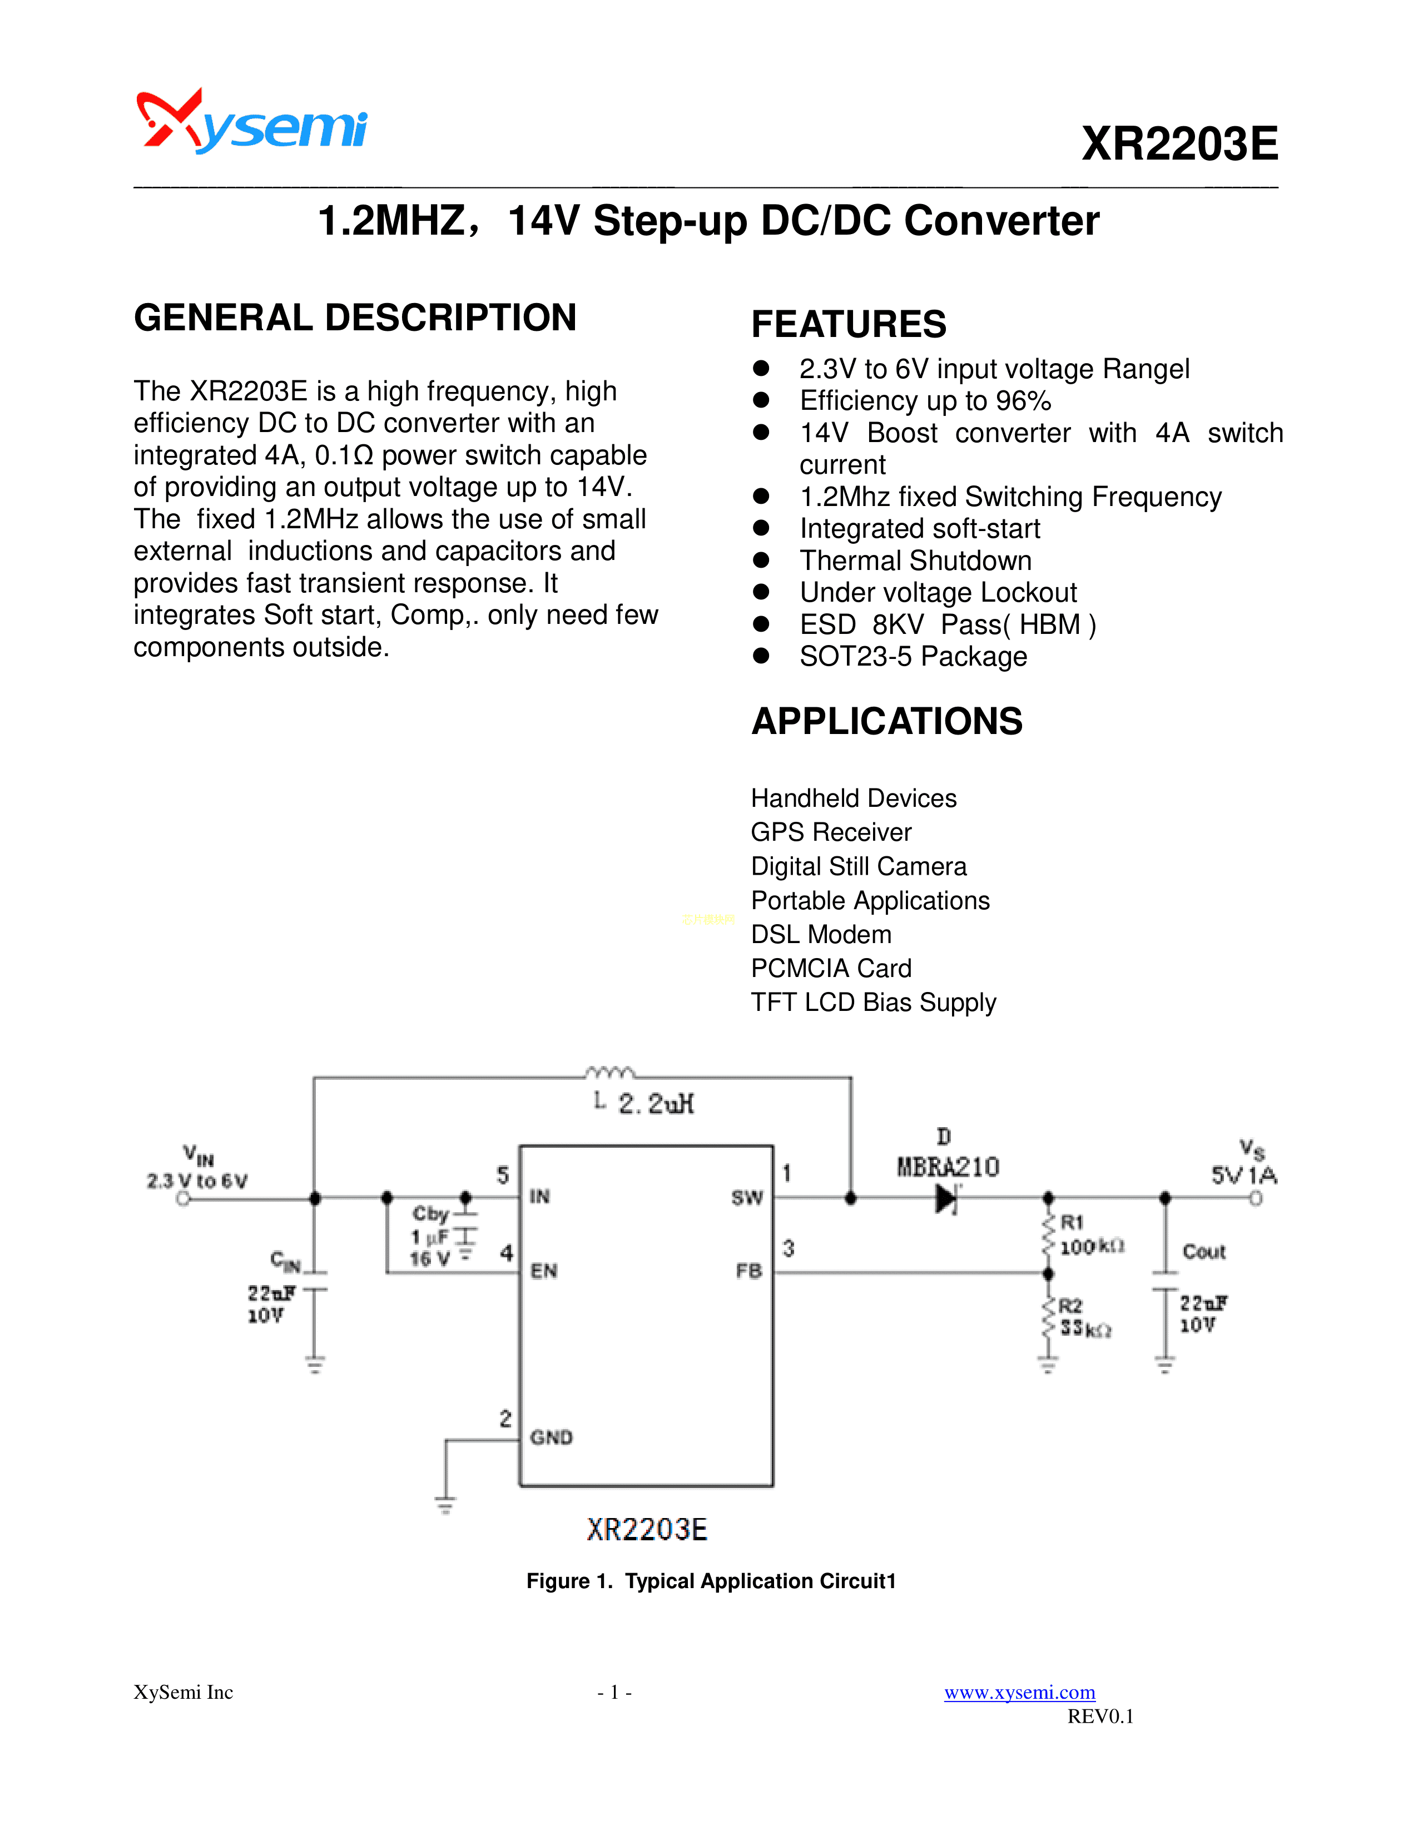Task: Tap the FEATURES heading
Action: tap(849, 324)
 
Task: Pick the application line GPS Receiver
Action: tap(831, 832)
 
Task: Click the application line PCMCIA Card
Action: tap(831, 969)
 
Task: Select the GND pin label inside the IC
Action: tap(551, 1437)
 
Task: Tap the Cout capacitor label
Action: tap(1204, 1252)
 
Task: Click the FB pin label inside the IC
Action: tap(748, 1271)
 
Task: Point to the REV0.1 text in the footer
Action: tap(1099, 1715)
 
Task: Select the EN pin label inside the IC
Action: tap(543, 1271)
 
